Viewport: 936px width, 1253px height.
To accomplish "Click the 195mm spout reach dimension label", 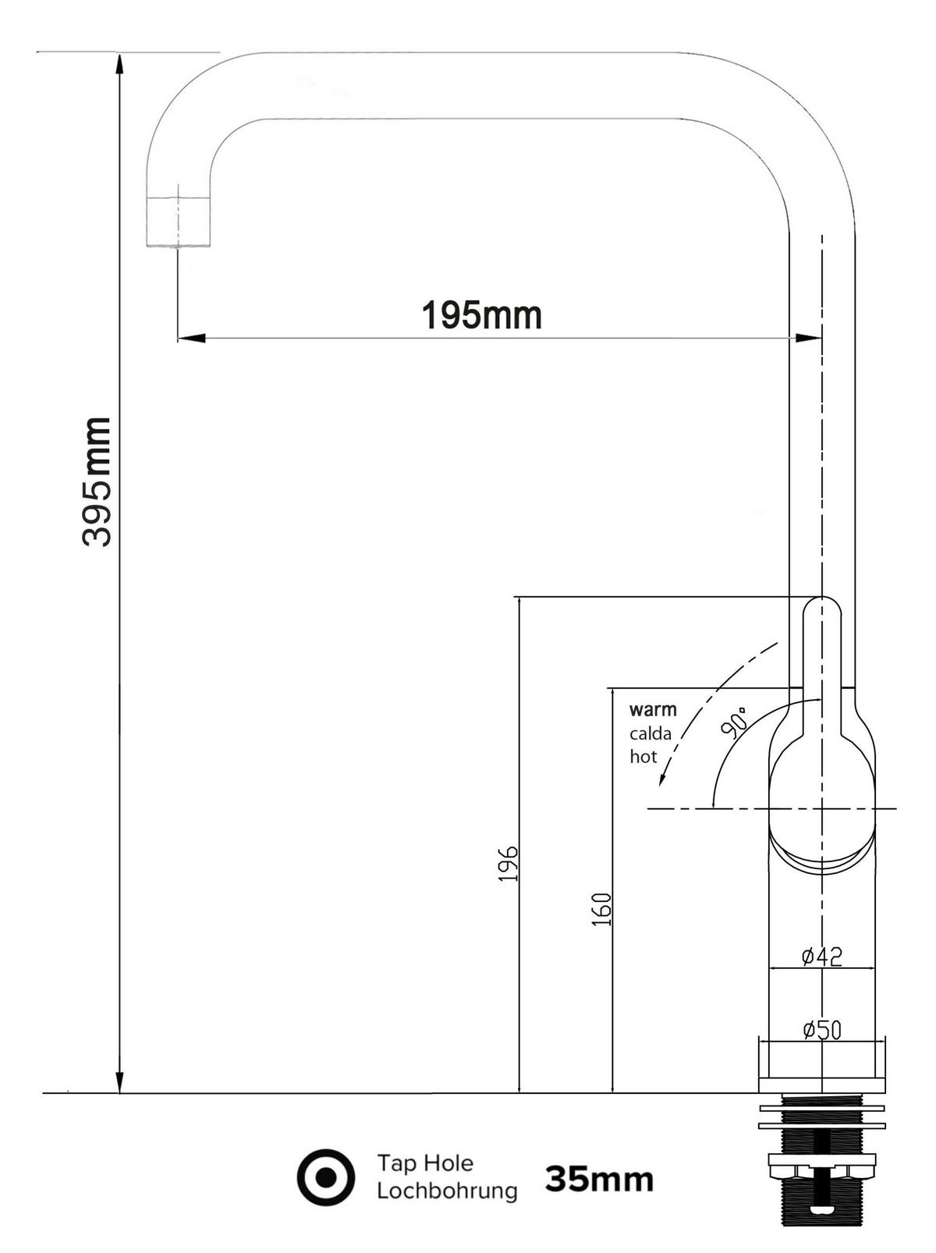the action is click(x=482, y=315).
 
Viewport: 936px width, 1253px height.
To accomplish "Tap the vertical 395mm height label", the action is click(x=97, y=482).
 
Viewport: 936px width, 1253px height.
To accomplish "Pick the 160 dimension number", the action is click(x=601, y=909).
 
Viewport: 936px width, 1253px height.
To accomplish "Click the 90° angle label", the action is click(x=735, y=722).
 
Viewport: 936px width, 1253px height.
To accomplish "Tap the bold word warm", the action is click(x=653, y=709).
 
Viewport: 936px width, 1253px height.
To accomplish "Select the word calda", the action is click(x=651, y=733).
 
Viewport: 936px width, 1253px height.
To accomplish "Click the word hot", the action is click(x=643, y=757).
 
